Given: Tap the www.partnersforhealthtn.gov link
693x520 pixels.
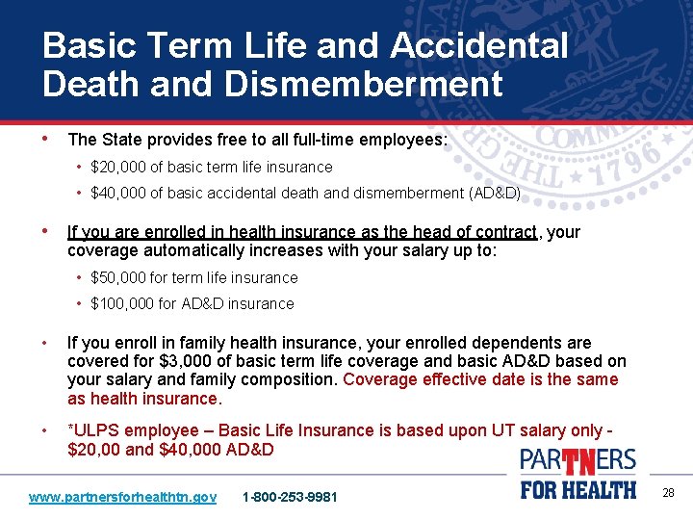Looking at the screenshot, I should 122,497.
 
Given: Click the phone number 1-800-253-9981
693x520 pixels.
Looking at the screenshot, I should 290,497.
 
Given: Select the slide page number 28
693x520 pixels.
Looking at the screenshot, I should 668,493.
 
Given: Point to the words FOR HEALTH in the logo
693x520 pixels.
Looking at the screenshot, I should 578,489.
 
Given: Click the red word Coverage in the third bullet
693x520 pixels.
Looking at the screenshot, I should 378,379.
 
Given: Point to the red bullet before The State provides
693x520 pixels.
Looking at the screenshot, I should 47,139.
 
